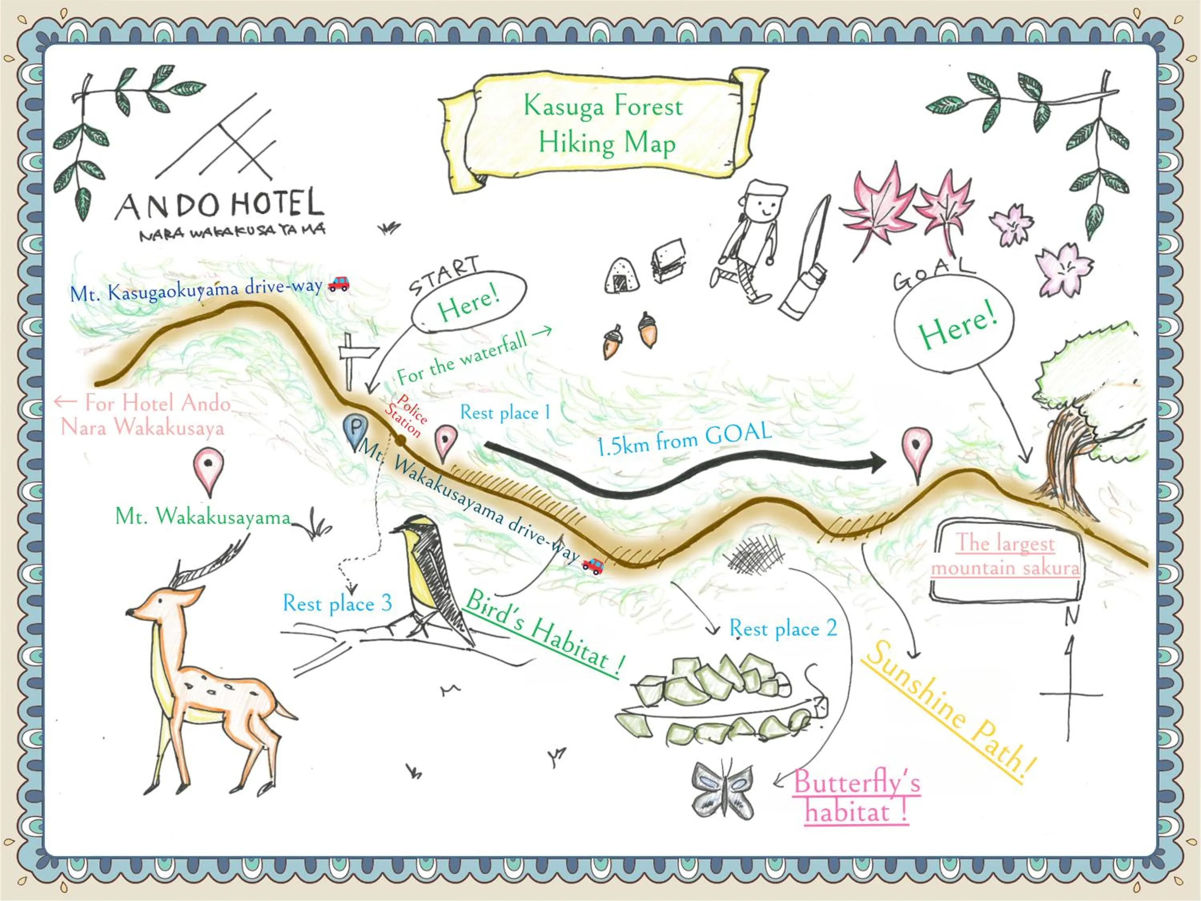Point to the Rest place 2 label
click(x=782, y=628)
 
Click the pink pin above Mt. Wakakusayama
click(x=209, y=468)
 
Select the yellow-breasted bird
click(x=429, y=570)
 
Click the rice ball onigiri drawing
click(x=622, y=276)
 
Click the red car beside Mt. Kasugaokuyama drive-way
click(x=339, y=284)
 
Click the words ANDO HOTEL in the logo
click(x=220, y=205)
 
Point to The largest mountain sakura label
click(x=1006, y=555)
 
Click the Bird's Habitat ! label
click(x=543, y=633)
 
